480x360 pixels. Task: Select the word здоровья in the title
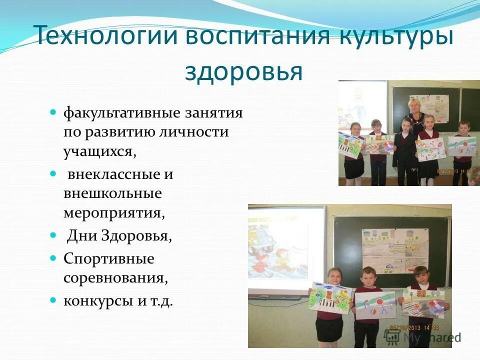click(x=243, y=72)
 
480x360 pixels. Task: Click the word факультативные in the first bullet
click(x=121, y=113)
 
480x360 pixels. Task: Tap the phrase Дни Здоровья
click(x=119, y=235)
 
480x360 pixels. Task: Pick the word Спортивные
click(x=108, y=259)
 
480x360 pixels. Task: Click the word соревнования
click(x=115, y=277)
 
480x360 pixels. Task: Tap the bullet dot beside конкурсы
click(x=53, y=300)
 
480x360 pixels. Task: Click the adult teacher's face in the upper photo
click(x=413, y=106)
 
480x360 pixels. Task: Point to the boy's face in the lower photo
click(x=369, y=277)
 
